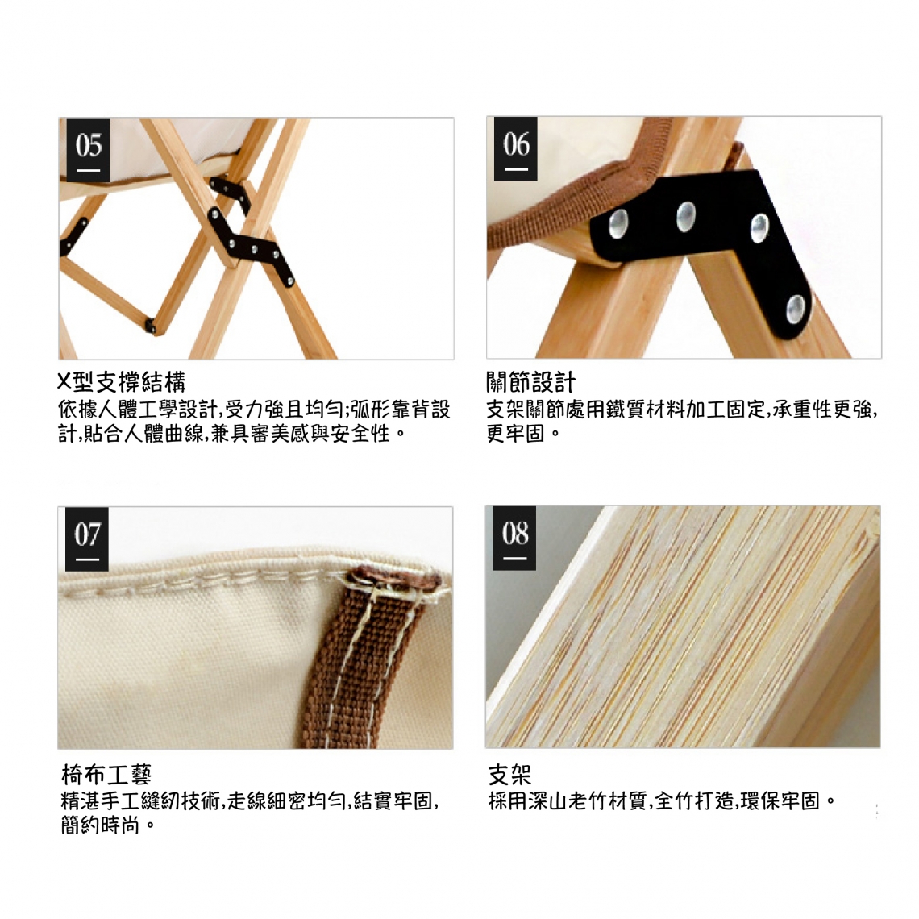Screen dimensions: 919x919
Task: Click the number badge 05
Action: tap(88, 149)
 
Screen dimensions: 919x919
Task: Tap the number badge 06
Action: tap(516, 148)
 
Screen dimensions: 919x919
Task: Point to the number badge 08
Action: tap(514, 538)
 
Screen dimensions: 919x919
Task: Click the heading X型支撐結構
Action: tap(121, 383)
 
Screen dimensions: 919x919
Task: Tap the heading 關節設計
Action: tap(531, 383)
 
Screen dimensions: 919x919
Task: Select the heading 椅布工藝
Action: tap(106, 774)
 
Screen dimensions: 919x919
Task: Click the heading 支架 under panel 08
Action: tap(510, 774)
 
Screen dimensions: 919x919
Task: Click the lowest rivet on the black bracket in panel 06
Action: tap(796, 309)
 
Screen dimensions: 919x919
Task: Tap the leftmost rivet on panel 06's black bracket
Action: tap(618, 223)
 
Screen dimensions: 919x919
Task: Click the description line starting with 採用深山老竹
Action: tap(663, 800)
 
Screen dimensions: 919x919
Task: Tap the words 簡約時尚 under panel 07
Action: tap(100, 825)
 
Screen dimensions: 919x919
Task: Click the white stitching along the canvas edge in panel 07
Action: tap(235, 580)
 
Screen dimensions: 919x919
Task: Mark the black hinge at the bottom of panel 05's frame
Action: tap(152, 326)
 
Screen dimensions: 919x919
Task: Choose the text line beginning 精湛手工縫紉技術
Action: tap(250, 800)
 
